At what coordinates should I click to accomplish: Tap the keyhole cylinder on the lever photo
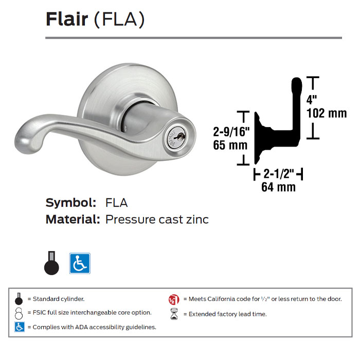point(170,137)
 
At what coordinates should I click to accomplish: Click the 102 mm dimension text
point(326,113)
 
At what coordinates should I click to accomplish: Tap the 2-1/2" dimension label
point(278,174)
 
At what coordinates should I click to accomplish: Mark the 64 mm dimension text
point(278,187)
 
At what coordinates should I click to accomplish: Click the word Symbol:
point(71,202)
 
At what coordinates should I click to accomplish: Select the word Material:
point(73,220)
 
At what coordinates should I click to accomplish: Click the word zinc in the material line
point(196,220)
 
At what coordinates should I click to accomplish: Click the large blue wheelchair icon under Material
point(80,263)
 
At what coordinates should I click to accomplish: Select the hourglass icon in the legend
point(174,314)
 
